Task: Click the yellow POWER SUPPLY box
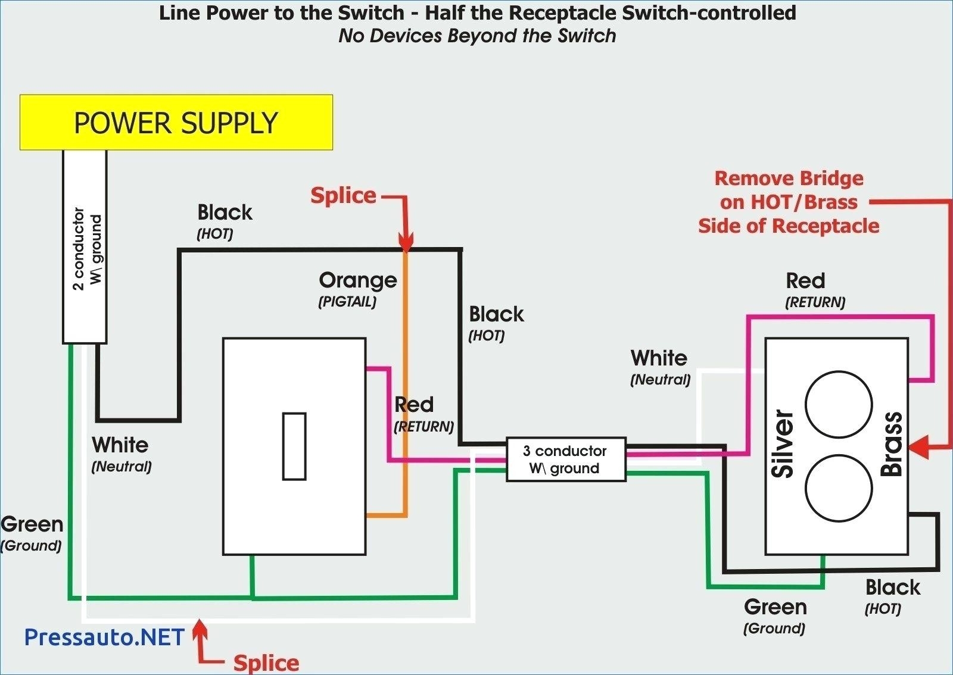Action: click(176, 123)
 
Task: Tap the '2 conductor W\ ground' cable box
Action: click(85, 247)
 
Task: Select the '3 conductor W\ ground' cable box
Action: click(565, 460)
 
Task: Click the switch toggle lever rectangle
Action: click(294, 446)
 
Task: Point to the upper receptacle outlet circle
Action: click(839, 404)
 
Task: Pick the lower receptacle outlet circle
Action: click(839, 488)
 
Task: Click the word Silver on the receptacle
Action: click(783, 444)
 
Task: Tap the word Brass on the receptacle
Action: click(892, 444)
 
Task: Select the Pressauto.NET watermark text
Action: click(105, 637)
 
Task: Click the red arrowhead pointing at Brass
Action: click(919, 446)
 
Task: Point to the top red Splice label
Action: click(343, 195)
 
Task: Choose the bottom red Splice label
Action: click(266, 662)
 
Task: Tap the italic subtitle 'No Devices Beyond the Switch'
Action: click(477, 36)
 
